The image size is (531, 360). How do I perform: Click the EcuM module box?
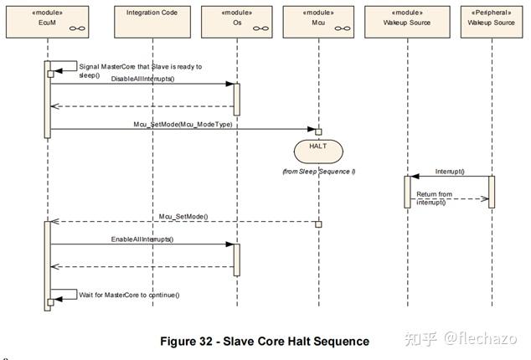tap(48, 22)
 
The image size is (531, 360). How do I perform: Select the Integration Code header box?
tap(152, 22)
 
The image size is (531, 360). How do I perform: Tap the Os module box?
tap(237, 22)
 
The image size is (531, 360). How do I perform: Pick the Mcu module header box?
tap(318, 22)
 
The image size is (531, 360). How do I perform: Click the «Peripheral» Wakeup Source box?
tap(492, 22)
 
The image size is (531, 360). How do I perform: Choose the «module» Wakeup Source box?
tap(407, 22)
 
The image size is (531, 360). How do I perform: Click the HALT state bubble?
tap(318, 152)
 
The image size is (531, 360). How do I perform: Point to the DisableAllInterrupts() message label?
tap(142, 79)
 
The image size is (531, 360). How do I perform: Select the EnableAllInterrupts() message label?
tap(142, 239)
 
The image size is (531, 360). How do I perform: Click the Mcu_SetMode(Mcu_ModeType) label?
tap(183, 124)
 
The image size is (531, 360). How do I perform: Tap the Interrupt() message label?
tap(450, 172)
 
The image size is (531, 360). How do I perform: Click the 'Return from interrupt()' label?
tap(434, 198)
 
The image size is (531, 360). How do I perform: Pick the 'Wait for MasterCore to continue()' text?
tap(129, 295)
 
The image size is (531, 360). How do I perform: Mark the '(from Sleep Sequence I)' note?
tap(318, 172)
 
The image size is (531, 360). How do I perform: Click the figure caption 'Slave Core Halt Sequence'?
tap(296, 342)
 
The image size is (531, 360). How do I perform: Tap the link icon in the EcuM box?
tap(77, 28)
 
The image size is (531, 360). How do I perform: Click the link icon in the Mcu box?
tap(343, 28)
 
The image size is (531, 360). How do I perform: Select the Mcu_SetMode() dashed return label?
tap(183, 216)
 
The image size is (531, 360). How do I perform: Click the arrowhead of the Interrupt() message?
tap(415, 177)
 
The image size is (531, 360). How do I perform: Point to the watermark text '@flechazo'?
tap(481, 338)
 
